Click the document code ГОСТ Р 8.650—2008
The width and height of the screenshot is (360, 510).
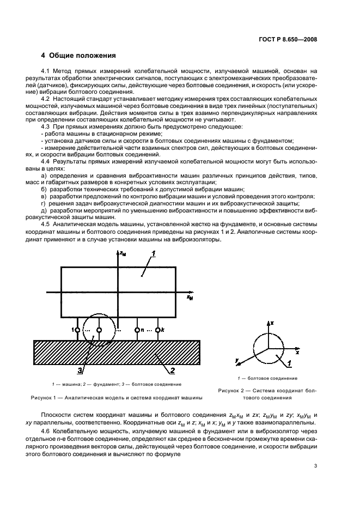click(x=286, y=39)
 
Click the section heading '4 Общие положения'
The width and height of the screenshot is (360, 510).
click(x=78, y=56)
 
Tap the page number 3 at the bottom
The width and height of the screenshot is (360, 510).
click(x=315, y=465)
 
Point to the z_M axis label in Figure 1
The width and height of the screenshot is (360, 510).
click(x=125, y=254)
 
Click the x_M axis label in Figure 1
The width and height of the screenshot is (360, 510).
click(x=190, y=298)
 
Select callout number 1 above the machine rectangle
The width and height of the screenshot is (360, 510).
click(x=154, y=253)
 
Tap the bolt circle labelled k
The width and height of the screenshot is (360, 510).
click(x=158, y=330)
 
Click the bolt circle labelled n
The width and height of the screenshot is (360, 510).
click(x=137, y=330)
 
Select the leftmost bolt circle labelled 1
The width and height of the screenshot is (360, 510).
click(x=78, y=330)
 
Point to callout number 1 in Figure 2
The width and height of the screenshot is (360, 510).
click(x=291, y=363)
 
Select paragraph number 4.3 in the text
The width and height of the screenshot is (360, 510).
click(x=47, y=126)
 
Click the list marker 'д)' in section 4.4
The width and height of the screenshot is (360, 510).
click(x=44, y=208)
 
